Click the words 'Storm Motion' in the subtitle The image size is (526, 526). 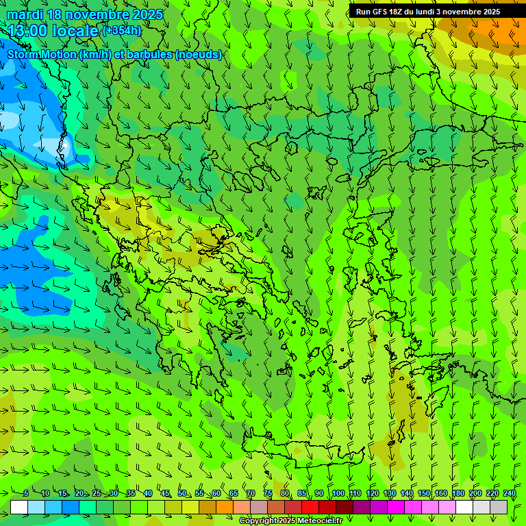point(42,55)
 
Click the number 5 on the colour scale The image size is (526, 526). point(25,494)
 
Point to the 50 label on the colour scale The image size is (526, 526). point(182,494)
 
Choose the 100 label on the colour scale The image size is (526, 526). point(338,494)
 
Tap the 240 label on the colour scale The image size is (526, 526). point(510,494)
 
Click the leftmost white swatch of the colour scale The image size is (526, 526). point(19,507)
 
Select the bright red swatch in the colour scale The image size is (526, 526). point(310,507)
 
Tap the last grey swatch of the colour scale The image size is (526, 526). point(499,507)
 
